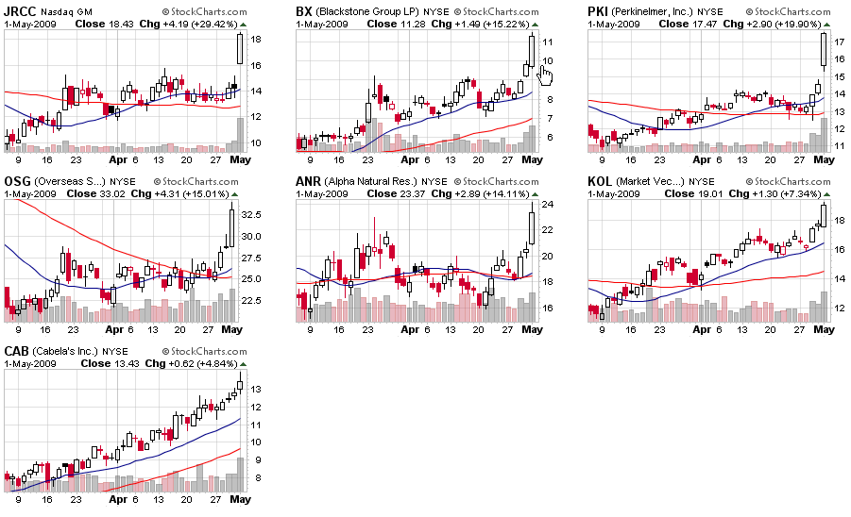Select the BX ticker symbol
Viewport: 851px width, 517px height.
coord(304,11)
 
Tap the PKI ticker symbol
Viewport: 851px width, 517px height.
coord(598,11)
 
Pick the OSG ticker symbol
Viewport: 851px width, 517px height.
coord(16,180)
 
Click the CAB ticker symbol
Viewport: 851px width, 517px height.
coord(17,350)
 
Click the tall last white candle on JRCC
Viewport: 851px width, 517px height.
coord(241,48)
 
